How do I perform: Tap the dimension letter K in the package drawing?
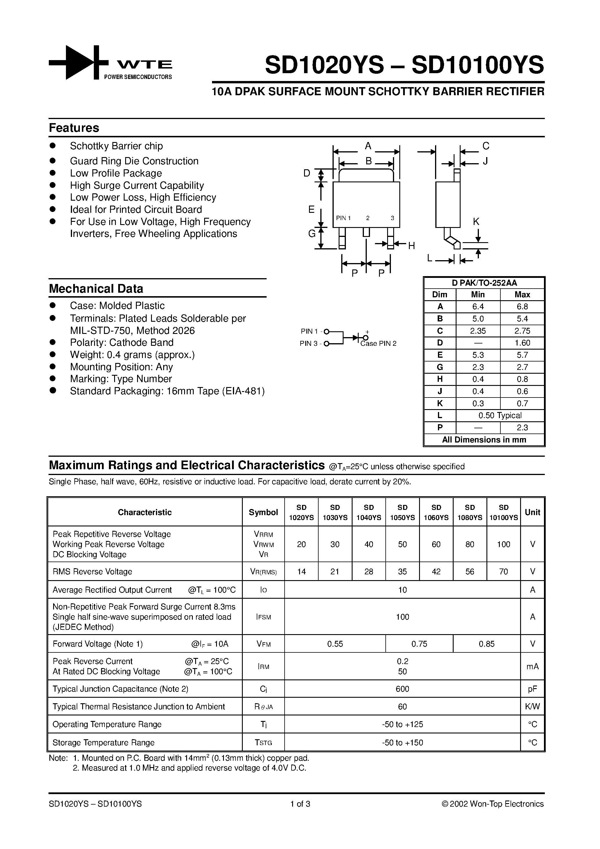[476, 222]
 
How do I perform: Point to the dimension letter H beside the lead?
[411, 246]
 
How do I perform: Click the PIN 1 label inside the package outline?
[343, 218]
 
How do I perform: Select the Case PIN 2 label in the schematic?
[378, 343]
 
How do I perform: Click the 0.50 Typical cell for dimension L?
[500, 415]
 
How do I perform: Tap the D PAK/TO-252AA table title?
[484, 283]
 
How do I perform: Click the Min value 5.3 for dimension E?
[478, 355]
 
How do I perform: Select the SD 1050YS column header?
[402, 512]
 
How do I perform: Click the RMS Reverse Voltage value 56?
[470, 572]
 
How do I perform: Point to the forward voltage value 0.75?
[419, 644]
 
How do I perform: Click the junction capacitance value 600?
[402, 689]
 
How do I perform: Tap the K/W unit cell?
[532, 707]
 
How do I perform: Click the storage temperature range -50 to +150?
[402, 742]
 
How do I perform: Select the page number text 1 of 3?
[300, 804]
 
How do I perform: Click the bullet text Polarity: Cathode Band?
[122, 342]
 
